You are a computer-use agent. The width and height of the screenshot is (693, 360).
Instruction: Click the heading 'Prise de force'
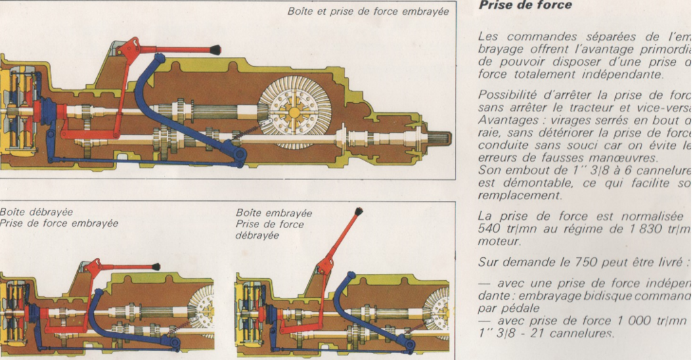(x=525, y=5)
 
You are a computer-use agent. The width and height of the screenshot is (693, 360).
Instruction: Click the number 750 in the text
(x=574, y=262)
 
